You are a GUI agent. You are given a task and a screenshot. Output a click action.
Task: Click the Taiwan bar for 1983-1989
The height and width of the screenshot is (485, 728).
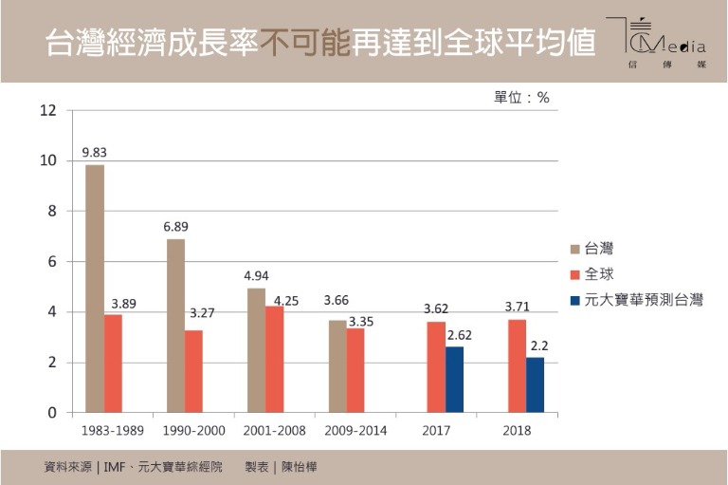click(x=95, y=289)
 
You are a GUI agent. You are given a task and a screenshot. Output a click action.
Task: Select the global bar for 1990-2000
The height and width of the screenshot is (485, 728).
click(x=194, y=371)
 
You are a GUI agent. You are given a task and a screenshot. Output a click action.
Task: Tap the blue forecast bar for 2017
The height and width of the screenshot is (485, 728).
click(x=455, y=380)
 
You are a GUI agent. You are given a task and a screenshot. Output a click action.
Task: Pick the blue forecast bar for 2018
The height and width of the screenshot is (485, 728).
click(x=536, y=384)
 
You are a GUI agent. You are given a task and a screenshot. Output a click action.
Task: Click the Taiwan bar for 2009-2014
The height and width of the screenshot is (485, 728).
click(x=337, y=366)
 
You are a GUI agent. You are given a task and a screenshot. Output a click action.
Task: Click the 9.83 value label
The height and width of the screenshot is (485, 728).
click(x=95, y=152)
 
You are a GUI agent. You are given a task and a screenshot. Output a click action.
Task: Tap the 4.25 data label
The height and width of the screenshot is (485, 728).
click(x=287, y=301)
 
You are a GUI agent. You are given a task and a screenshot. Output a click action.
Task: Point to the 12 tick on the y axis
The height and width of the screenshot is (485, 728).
click(x=48, y=111)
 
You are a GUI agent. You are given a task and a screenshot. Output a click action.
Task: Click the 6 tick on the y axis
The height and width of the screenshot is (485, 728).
click(x=52, y=262)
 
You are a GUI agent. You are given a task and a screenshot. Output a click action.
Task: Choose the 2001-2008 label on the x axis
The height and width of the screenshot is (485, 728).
click(x=275, y=431)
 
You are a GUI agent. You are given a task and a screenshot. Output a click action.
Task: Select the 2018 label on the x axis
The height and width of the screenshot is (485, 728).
click(x=518, y=431)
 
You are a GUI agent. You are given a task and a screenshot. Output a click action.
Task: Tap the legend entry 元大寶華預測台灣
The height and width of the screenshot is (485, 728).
click(x=644, y=300)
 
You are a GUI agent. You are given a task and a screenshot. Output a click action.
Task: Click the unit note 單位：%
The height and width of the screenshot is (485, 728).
click(x=521, y=97)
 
